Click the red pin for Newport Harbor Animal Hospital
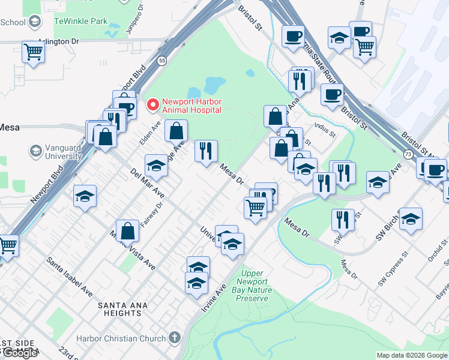(x=153, y=105)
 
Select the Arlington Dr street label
(x=58, y=42)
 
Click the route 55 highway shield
(x=162, y=61)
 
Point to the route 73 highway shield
(x=408, y=154)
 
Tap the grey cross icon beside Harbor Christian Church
(x=175, y=338)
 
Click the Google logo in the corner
(x=20, y=353)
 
